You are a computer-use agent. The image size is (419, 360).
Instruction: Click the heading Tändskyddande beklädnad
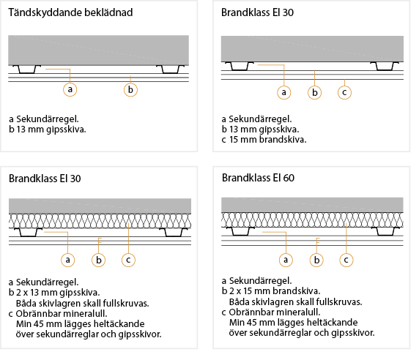coord(70,12)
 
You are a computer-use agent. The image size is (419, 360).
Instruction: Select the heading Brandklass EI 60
coord(258,178)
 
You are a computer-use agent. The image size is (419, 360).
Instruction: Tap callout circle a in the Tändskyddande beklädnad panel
coord(70,89)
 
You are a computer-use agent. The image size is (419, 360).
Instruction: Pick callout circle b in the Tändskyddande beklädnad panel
coord(130,90)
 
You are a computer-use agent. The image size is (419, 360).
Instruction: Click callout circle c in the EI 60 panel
coord(346,260)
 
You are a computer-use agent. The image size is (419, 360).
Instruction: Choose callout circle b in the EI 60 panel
coord(316,260)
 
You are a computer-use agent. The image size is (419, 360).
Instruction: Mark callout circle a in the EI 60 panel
coord(286,260)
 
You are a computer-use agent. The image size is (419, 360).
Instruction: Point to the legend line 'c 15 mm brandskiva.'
coord(264,140)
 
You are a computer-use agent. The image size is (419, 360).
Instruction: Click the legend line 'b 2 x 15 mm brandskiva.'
coord(271,291)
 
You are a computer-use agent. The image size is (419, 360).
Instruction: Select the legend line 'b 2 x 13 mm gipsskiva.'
coord(54,293)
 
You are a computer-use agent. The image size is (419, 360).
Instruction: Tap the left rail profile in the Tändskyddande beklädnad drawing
coord(26,69)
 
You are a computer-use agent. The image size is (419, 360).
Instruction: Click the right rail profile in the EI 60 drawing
coord(385,231)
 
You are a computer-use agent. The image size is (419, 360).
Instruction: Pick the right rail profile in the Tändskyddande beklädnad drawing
coord(171,69)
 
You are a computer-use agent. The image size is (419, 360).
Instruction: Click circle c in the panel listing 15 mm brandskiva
coord(344,92)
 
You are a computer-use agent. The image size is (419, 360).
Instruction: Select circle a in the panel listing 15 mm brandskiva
coord(283,92)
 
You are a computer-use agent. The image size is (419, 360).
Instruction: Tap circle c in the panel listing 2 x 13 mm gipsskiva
coord(128,260)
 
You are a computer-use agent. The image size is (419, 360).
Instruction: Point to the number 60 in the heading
coord(289,178)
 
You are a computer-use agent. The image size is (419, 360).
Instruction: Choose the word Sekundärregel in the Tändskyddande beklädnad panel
coord(48,119)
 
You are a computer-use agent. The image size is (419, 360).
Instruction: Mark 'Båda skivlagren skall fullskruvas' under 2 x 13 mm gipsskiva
coord(82,304)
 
